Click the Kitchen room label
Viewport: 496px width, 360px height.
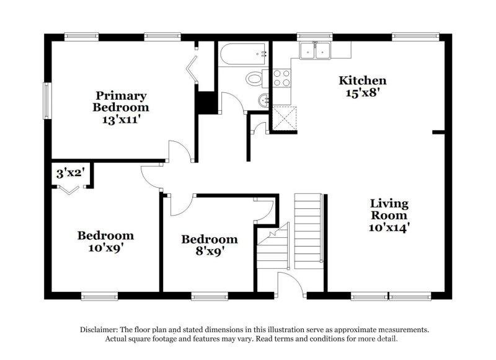[x=363, y=86]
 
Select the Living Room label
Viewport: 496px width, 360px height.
[x=389, y=215]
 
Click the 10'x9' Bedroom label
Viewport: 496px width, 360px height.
[x=105, y=242]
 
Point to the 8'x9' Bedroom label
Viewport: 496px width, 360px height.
[x=209, y=245]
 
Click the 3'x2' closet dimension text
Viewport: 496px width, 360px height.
[x=69, y=173]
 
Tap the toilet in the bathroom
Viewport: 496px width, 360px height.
[x=255, y=79]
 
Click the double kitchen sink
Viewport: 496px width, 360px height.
[x=315, y=51]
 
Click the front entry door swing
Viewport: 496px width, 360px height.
[x=290, y=284]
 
